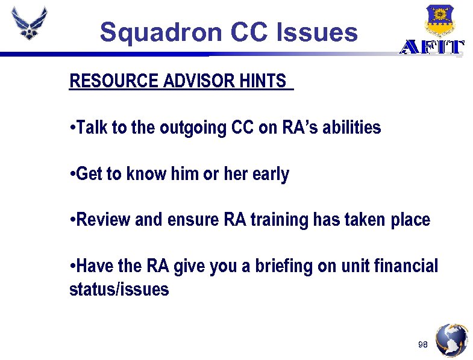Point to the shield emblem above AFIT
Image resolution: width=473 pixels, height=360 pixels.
(x=439, y=20)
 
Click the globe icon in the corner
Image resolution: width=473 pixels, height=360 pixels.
(x=451, y=340)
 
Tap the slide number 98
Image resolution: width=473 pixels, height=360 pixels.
(x=422, y=344)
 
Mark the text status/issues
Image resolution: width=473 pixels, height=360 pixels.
(x=119, y=290)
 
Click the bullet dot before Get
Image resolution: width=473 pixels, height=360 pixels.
(x=72, y=175)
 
